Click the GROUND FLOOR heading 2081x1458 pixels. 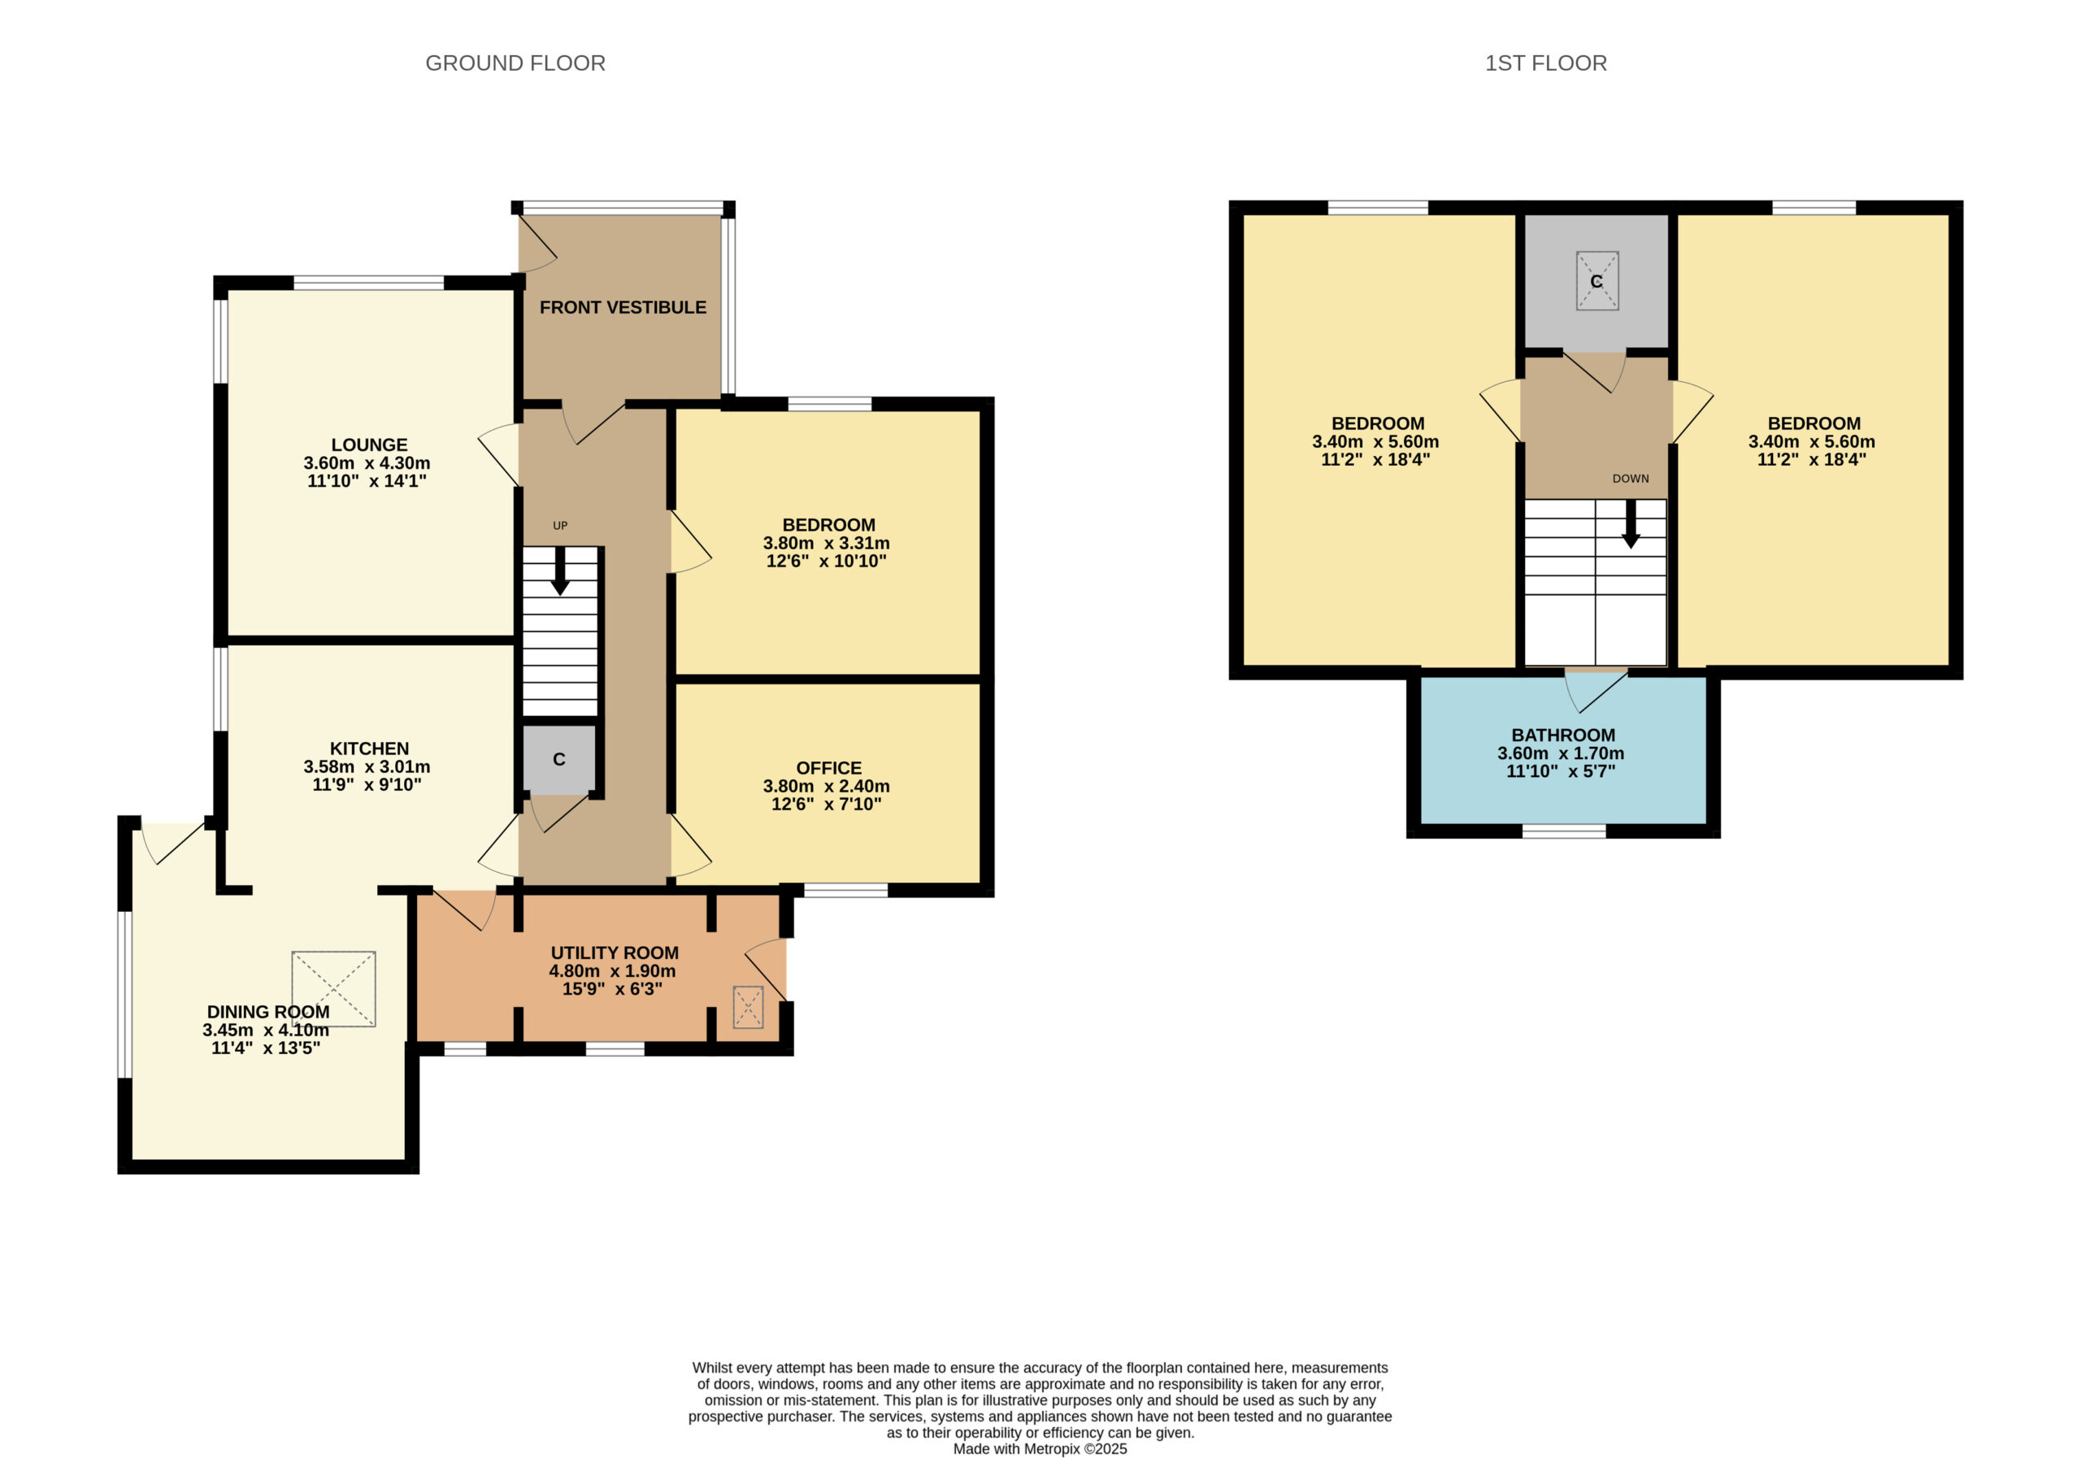click(x=515, y=63)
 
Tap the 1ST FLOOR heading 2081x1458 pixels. click(x=1545, y=63)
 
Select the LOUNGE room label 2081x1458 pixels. click(x=369, y=445)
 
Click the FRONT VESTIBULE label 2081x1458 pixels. click(x=623, y=307)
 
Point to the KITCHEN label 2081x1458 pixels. click(x=369, y=749)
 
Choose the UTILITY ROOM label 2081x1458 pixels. click(x=615, y=953)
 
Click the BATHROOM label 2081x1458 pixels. click(x=1562, y=736)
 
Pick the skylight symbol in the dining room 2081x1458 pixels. click(x=333, y=988)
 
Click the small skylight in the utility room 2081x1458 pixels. click(x=748, y=1007)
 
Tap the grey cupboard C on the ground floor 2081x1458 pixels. click(x=559, y=759)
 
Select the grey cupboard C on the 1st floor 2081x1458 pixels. click(x=1596, y=281)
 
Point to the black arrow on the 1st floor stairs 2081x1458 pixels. click(x=1631, y=523)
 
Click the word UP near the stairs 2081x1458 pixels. click(x=560, y=526)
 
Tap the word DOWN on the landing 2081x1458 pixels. click(x=1631, y=479)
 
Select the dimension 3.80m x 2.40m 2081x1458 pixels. click(x=827, y=787)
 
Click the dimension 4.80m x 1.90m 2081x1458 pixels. click(x=612, y=971)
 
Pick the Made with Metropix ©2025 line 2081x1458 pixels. click(x=1040, y=1449)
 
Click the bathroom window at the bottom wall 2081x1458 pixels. click(x=1563, y=831)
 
